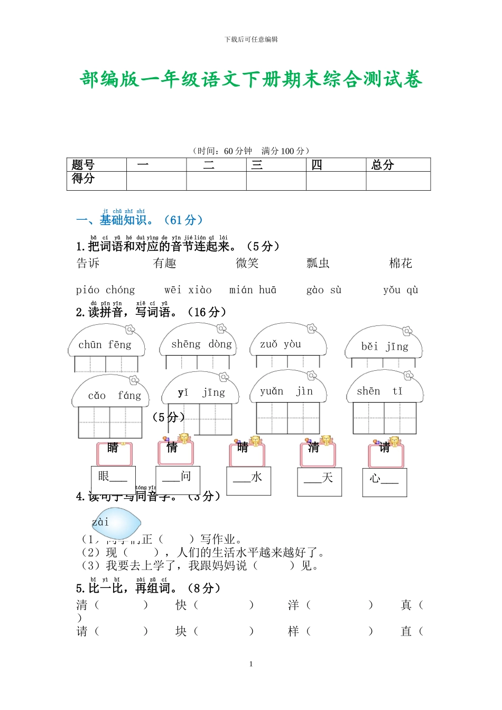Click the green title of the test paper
point(251,79)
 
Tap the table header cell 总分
point(383,165)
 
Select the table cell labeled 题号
point(83,165)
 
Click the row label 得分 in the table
point(83,179)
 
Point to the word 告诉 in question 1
point(88,263)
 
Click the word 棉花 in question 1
point(401,263)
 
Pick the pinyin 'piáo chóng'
point(105,290)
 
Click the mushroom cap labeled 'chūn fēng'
point(105,344)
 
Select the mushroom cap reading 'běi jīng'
point(384,346)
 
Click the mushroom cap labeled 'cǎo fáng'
point(111,395)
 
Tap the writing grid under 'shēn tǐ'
point(385,418)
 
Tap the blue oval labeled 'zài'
point(116,523)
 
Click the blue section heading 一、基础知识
point(140,220)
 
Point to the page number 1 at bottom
point(251,664)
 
